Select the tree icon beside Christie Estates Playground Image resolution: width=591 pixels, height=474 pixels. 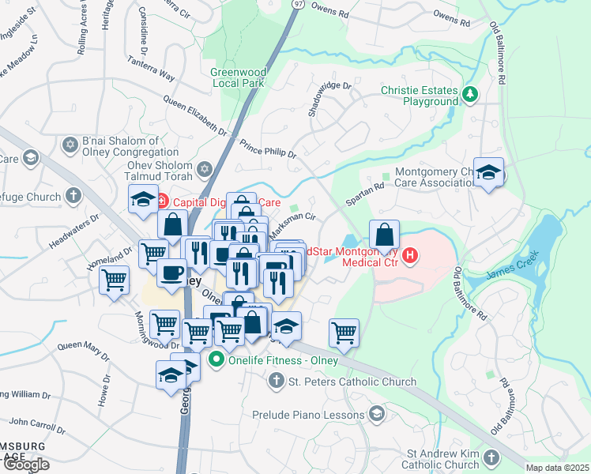coord(470,95)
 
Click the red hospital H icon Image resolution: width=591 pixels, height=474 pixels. coord(410,254)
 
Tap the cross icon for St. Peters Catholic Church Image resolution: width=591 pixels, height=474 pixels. coord(276,382)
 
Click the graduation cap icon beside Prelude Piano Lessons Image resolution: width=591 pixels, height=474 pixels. coord(377,413)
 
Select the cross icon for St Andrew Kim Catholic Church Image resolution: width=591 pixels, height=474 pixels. coord(491,458)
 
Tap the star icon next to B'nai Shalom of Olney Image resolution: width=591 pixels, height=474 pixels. coord(70,145)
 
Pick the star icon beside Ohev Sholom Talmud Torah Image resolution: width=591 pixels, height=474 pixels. coord(205,169)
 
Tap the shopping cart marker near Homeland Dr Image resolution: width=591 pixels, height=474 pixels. coord(115,279)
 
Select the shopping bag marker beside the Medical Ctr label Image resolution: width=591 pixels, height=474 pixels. coord(384,234)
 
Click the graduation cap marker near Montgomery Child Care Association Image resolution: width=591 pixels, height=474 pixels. coord(488,173)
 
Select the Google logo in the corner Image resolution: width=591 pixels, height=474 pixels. coord(26,465)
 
